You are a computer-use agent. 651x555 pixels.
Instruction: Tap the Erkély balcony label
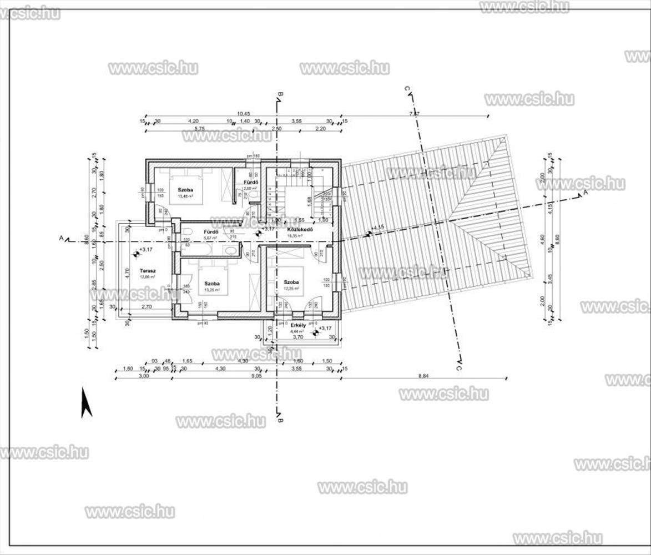(298, 325)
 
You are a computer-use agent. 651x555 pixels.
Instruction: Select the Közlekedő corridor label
(300, 229)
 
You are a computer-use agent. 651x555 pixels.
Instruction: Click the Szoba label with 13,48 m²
(185, 190)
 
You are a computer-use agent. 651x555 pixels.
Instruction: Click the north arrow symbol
(86, 402)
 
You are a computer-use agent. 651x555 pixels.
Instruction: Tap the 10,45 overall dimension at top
(244, 114)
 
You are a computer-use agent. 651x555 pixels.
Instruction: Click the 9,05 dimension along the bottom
(256, 376)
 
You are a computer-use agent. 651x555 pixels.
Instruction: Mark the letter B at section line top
(281, 94)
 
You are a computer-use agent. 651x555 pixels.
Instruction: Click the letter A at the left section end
(62, 239)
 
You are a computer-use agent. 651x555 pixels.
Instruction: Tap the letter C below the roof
(459, 367)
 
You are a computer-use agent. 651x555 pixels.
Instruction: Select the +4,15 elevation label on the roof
(377, 228)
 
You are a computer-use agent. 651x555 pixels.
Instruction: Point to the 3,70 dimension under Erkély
(297, 336)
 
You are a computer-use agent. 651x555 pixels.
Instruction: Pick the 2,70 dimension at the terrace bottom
(147, 306)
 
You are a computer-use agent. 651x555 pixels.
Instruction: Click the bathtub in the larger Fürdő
(195, 250)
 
